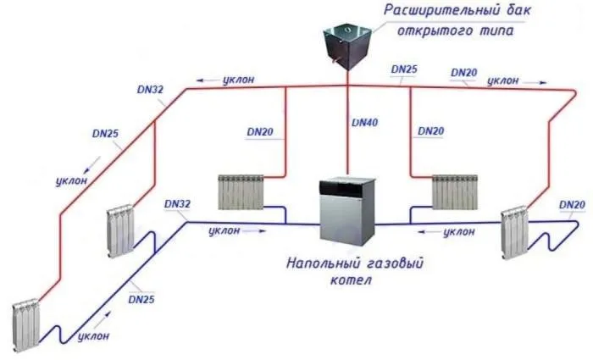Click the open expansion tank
pyautogui.click(x=347, y=46)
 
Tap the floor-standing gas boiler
pyautogui.click(x=347, y=211)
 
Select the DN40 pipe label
pyautogui.click(x=364, y=123)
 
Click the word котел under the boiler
pyautogui.click(x=351, y=280)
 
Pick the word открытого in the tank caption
pyautogui.click(x=432, y=30)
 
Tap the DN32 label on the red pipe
pyautogui.click(x=150, y=90)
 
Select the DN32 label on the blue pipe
pyautogui.click(x=177, y=204)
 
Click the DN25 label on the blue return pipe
pyautogui.click(x=141, y=300)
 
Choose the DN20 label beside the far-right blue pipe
pyautogui.click(x=572, y=205)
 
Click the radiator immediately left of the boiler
pyautogui.click(x=241, y=192)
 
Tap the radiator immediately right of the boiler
pyautogui.click(x=455, y=192)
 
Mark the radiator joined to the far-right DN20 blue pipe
pyautogui.click(x=514, y=232)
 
